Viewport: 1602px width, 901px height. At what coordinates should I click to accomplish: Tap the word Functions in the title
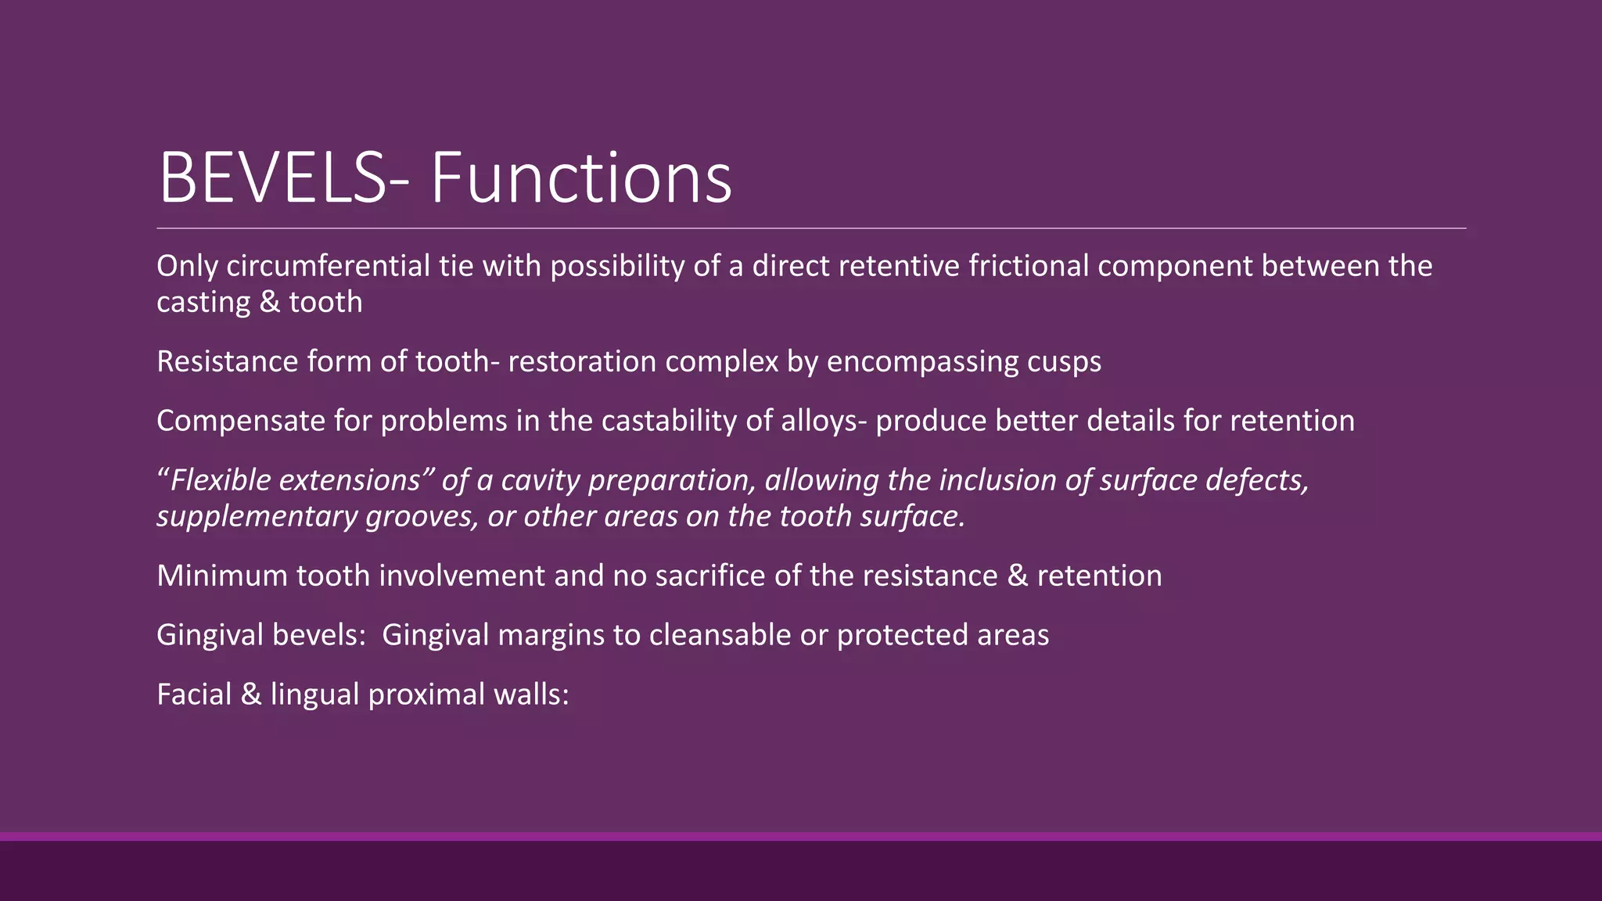coord(581,178)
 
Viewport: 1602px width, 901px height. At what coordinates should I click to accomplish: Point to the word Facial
coord(194,695)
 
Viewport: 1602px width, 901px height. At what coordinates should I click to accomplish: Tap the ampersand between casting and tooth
coord(268,302)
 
